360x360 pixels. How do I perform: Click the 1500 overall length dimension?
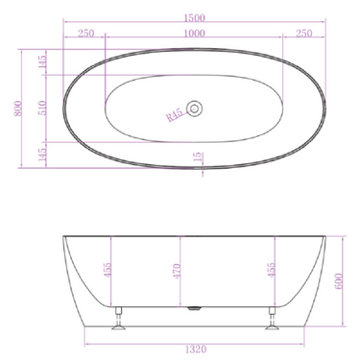(x=196, y=12)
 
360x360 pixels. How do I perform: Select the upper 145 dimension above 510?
(x=42, y=62)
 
